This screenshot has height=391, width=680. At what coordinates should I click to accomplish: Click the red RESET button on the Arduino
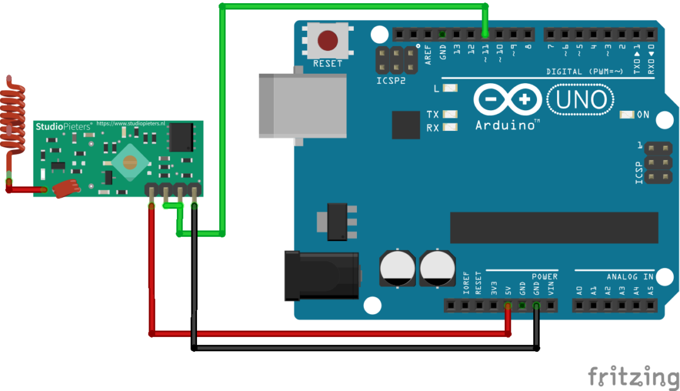(x=327, y=41)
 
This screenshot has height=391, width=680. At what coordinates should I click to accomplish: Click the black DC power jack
(x=321, y=275)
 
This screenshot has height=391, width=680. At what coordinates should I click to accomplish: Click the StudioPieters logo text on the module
(x=64, y=126)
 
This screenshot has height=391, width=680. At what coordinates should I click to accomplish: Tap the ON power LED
(x=627, y=115)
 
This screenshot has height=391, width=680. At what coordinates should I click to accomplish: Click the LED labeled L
(x=450, y=89)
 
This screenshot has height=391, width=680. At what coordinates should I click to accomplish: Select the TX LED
(x=450, y=115)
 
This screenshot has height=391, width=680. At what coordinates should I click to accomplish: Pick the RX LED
(x=450, y=128)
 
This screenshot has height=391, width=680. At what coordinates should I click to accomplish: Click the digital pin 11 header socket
(x=485, y=34)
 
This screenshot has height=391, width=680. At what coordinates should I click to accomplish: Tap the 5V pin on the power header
(x=507, y=306)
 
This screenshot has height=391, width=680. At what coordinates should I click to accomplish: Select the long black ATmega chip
(x=554, y=227)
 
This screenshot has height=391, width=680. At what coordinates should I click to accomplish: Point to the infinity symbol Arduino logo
(x=507, y=99)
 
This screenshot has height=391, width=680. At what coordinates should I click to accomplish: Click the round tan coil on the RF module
(x=131, y=162)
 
